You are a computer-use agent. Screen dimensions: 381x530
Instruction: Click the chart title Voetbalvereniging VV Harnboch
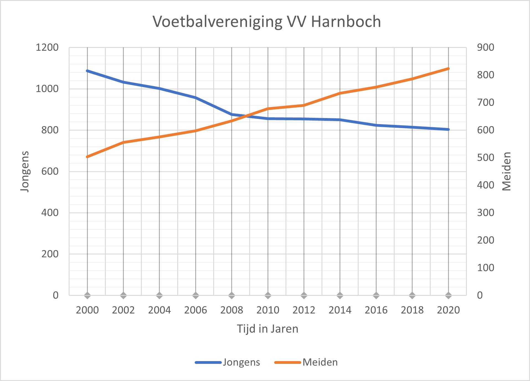(267, 22)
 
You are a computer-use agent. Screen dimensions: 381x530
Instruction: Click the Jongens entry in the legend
(241, 362)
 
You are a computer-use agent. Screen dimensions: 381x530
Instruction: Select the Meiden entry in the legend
(320, 362)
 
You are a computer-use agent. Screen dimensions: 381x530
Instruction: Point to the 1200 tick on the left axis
(47, 48)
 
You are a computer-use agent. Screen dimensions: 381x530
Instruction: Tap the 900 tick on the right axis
(485, 48)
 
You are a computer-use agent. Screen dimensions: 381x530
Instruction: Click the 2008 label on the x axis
(231, 310)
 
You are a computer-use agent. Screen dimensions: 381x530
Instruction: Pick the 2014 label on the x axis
(340, 310)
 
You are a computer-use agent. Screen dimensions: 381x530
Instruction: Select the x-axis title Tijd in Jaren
(267, 329)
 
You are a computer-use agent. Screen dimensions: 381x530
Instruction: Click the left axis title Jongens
(25, 171)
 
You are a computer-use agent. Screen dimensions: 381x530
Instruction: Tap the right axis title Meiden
(506, 171)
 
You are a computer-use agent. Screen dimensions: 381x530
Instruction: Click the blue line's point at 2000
(88, 71)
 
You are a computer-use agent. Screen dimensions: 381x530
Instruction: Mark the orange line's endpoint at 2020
(448, 69)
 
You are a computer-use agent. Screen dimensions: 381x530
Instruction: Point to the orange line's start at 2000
(88, 157)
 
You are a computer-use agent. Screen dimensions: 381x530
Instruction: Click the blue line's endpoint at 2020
(448, 129)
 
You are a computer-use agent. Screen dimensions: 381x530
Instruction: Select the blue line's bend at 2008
(232, 114)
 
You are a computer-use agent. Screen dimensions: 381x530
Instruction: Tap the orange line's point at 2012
(304, 105)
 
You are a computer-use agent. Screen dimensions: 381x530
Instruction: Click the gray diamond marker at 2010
(268, 295)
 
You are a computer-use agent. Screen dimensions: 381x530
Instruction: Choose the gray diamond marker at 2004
(159, 295)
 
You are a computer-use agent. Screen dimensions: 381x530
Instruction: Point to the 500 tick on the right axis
(485, 158)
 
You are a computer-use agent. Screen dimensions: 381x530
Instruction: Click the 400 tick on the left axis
(50, 213)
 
